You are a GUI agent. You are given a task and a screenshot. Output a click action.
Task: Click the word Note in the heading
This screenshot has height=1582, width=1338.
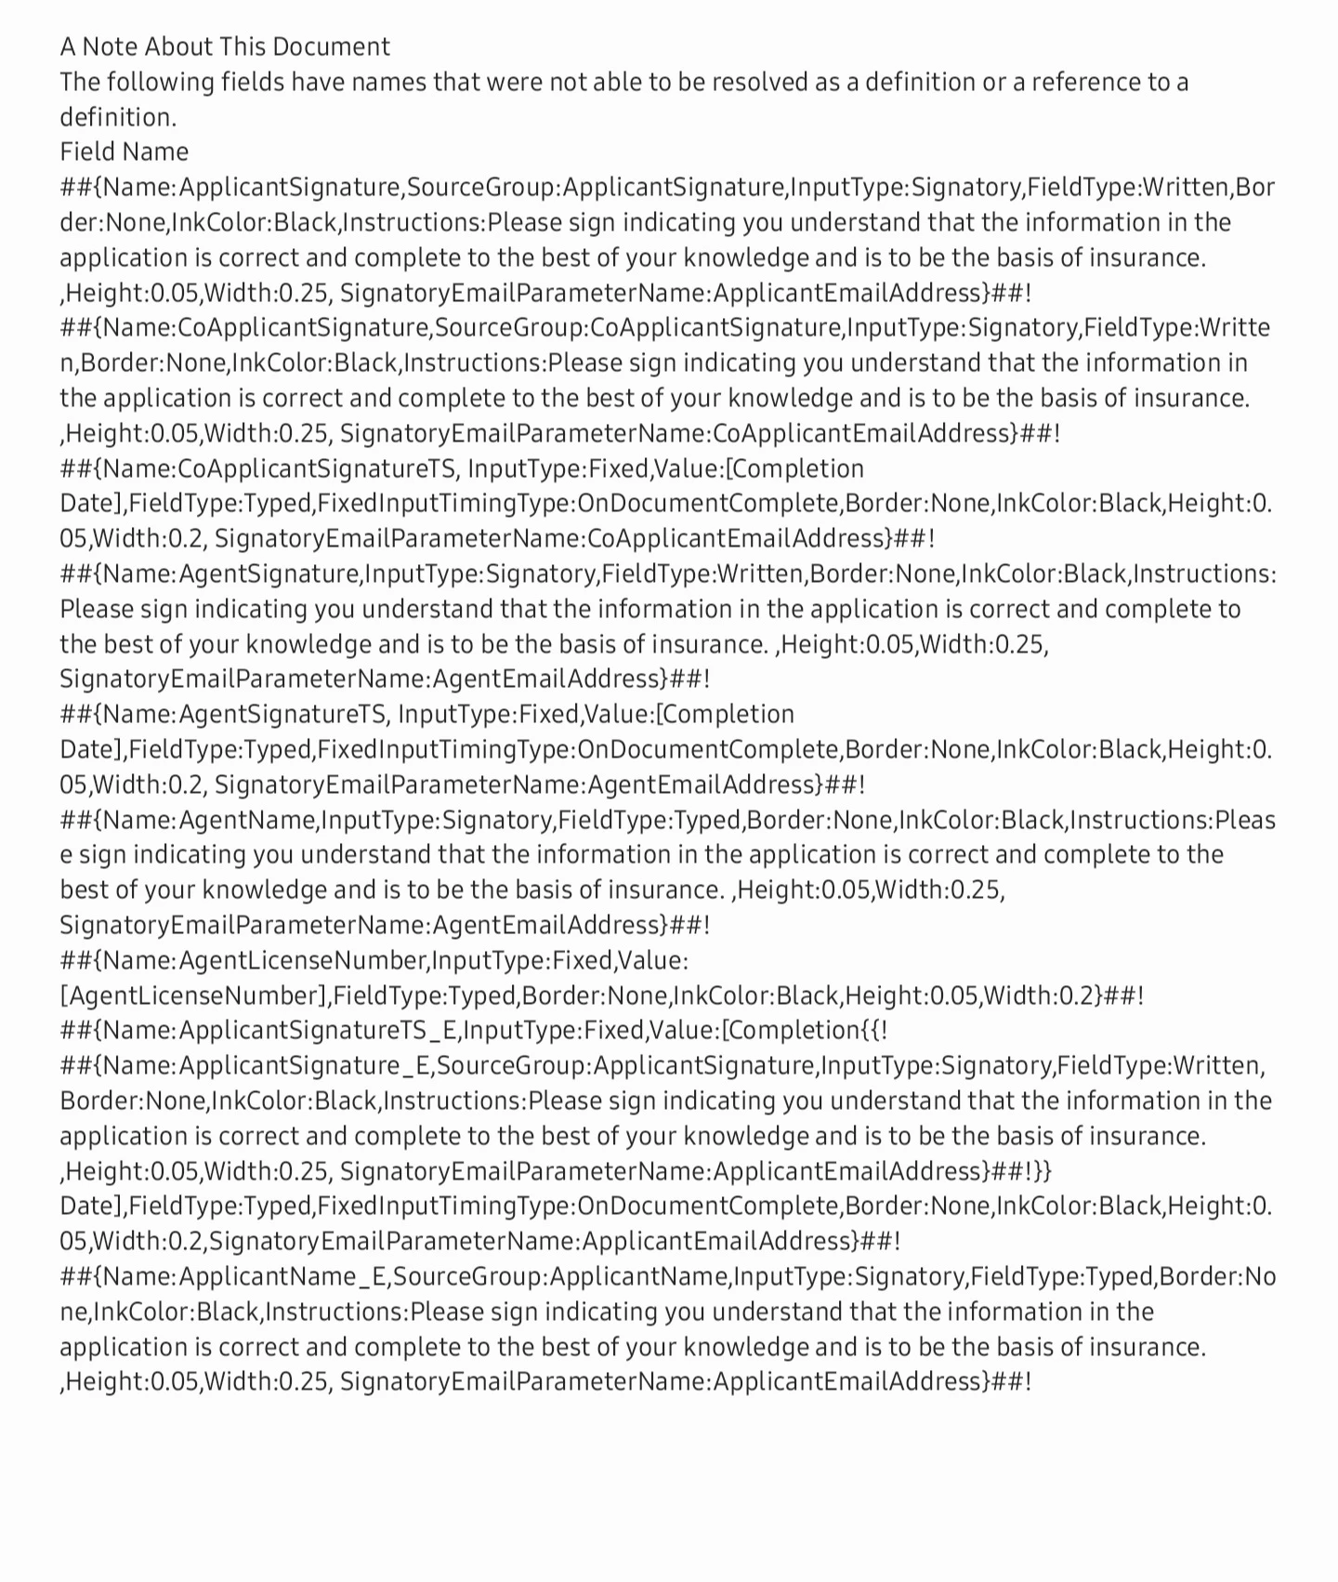click(110, 46)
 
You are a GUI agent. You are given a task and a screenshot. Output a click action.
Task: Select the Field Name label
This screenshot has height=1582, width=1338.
click(124, 152)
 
